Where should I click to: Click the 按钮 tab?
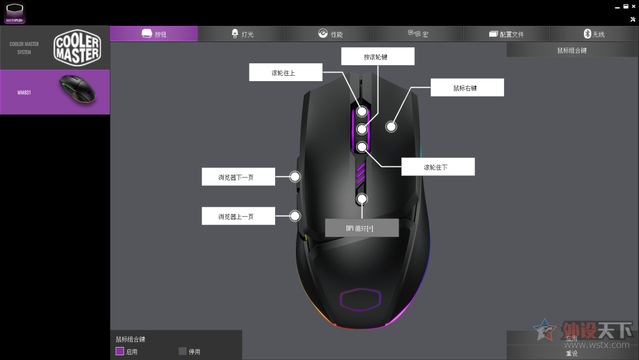[x=154, y=34]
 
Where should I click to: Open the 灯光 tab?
[x=242, y=34]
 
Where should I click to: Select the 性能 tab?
[x=330, y=34]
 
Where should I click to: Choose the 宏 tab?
[x=418, y=34]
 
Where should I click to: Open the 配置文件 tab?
[x=506, y=34]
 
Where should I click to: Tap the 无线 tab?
[x=594, y=34]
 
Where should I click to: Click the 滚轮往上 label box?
[x=285, y=73]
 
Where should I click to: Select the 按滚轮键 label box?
[x=378, y=57]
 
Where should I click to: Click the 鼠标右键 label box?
[x=467, y=88]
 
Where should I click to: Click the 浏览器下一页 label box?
[x=238, y=177]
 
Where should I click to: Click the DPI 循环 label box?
[x=362, y=228]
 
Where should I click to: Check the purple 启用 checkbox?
[x=120, y=351]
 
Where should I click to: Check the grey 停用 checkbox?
[x=183, y=351]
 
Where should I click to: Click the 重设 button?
[x=572, y=353]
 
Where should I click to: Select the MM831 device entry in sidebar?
[x=54, y=92]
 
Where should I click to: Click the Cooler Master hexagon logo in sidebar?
[x=77, y=48]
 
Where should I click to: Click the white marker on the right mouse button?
[x=391, y=126]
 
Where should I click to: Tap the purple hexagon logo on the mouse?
[x=361, y=300]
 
